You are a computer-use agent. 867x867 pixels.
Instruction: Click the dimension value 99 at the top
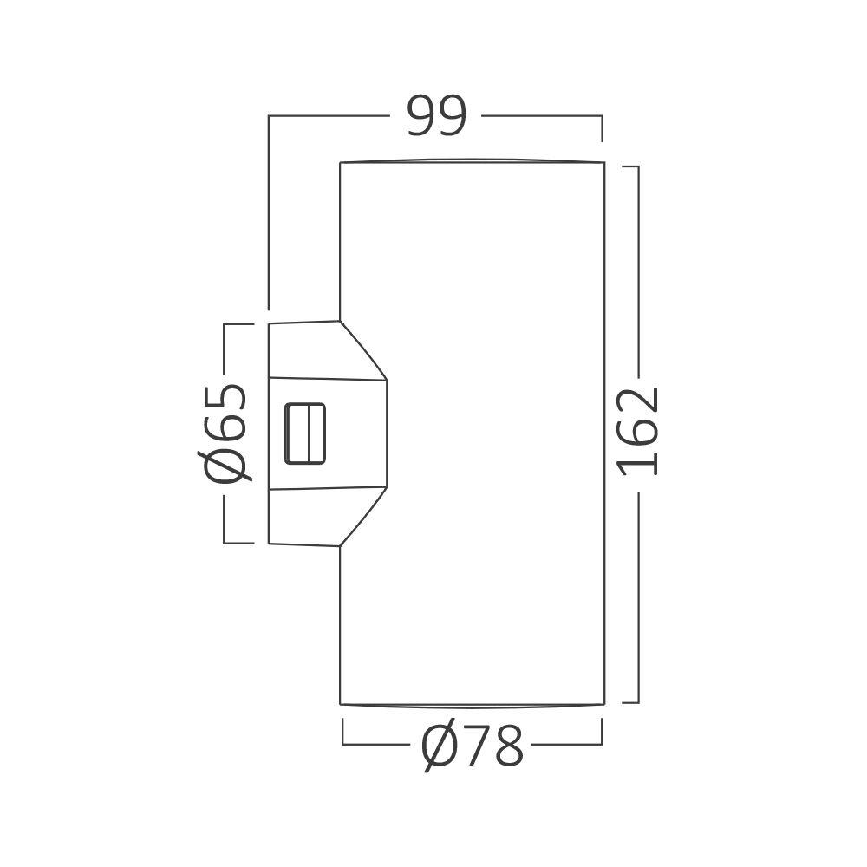pos(437,116)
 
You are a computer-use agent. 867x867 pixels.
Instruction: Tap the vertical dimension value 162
pos(640,431)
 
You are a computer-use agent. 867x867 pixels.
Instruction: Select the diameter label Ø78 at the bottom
pos(473,746)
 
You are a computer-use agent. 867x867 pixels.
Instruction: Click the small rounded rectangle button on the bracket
pos(306,433)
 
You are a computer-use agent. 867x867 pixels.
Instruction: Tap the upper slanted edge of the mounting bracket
pos(362,349)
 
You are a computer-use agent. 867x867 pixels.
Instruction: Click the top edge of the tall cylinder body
pos(473,161)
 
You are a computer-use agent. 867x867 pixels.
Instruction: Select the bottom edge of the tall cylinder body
pos(473,705)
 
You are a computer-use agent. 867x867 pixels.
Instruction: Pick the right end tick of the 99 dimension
pos(602,127)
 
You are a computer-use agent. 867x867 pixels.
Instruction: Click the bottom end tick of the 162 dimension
pos(631,702)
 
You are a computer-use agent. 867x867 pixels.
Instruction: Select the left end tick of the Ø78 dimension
pos(343,733)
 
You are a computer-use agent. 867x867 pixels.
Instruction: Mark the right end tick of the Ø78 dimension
pos(602,733)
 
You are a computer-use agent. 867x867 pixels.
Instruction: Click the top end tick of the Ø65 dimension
pos(238,324)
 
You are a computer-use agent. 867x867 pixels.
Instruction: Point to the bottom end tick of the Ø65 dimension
pos(238,544)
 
